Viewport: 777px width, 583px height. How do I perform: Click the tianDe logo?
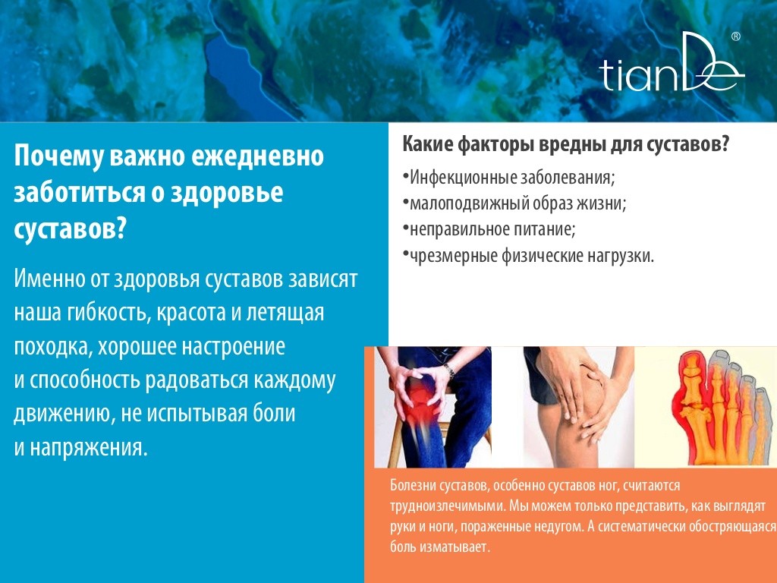pyautogui.click(x=672, y=62)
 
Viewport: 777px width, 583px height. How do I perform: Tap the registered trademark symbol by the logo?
pyautogui.click(x=736, y=36)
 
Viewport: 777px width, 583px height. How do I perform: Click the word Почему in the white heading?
pyautogui.click(x=58, y=156)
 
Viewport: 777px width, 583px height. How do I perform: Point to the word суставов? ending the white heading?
pyautogui.click(x=71, y=229)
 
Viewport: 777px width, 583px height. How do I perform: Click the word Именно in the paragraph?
pyautogui.click(x=49, y=278)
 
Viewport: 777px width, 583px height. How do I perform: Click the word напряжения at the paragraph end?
pyautogui.click(x=88, y=448)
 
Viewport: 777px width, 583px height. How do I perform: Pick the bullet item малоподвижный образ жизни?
pyautogui.click(x=514, y=203)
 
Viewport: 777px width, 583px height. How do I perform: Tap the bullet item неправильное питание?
pyautogui.click(x=489, y=229)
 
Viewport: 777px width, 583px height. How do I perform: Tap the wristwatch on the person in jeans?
pyautogui.click(x=449, y=370)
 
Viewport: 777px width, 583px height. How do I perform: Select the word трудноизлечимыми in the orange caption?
pyautogui.click(x=448, y=506)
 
